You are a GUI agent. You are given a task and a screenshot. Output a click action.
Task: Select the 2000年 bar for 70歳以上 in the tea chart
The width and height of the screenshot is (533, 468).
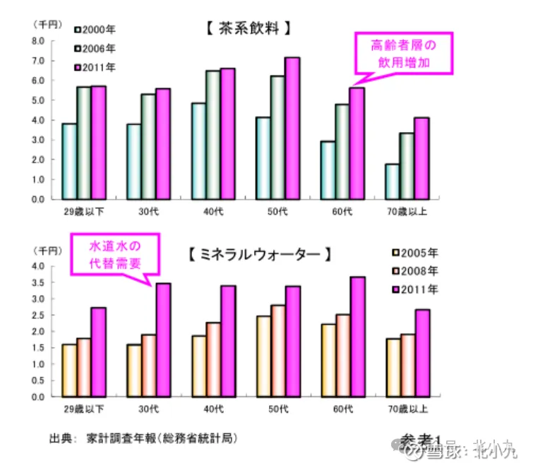point(393,181)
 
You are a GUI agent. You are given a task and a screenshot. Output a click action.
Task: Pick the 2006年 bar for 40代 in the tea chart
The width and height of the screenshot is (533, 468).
point(213,135)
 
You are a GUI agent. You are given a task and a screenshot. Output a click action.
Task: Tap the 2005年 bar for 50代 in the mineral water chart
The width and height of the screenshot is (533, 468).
point(263,356)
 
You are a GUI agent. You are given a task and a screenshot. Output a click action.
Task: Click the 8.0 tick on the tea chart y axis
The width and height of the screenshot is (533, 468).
point(37,41)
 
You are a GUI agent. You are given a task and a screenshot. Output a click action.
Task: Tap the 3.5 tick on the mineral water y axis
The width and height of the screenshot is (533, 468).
point(37,282)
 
